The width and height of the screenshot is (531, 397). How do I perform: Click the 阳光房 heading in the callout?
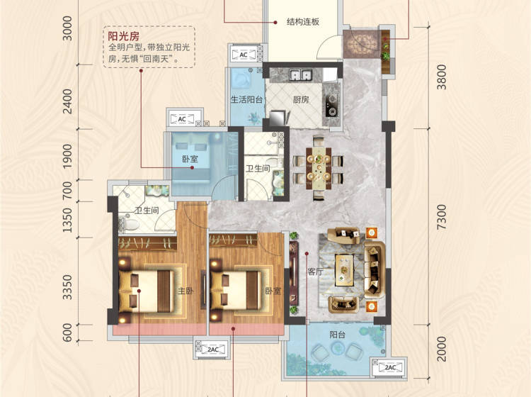tap(123, 36)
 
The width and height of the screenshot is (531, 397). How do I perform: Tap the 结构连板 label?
tap(303, 22)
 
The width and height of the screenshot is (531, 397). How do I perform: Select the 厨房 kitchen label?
tap(301, 99)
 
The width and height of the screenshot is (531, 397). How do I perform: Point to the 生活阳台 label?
tap(246, 99)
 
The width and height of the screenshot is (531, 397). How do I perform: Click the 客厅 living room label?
tap(315, 272)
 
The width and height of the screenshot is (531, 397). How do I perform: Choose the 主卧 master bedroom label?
tap(185, 291)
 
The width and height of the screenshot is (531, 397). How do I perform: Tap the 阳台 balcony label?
tap(337, 335)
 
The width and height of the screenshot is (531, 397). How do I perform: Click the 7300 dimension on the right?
tap(441, 217)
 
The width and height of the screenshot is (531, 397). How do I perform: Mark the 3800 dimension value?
tap(441, 77)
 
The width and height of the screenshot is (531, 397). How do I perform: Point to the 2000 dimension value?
tap(441, 349)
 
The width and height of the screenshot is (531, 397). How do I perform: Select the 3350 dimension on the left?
tap(67, 287)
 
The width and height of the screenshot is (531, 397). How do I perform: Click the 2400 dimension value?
tap(67, 101)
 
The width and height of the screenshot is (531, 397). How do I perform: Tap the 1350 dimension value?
tap(67, 220)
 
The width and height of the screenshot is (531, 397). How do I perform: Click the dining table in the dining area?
tap(319, 168)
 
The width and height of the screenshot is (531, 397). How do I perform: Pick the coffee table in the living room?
tap(344, 270)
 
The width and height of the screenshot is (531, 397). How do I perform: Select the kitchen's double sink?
tap(300, 75)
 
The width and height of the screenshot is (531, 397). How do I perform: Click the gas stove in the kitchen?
tap(331, 104)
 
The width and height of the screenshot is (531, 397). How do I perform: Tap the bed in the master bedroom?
tap(146, 291)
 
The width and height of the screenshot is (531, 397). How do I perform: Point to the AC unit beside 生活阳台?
tap(244, 55)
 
